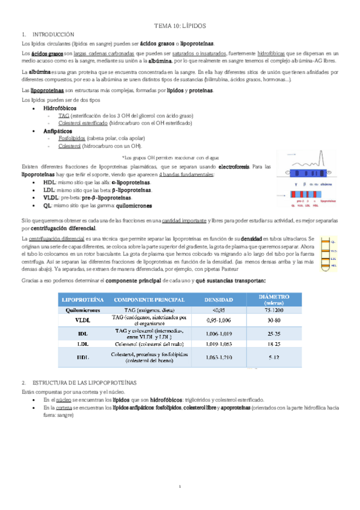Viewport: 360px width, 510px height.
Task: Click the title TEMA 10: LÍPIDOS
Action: (180, 26)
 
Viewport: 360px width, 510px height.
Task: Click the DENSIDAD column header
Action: (215, 300)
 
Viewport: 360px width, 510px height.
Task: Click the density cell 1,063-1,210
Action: (215, 358)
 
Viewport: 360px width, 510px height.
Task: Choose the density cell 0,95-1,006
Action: (215, 321)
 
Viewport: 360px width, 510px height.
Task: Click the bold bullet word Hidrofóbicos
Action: (59, 107)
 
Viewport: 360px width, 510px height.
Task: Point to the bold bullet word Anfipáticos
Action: (58, 130)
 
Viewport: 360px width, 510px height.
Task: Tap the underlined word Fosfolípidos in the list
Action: (72, 138)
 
